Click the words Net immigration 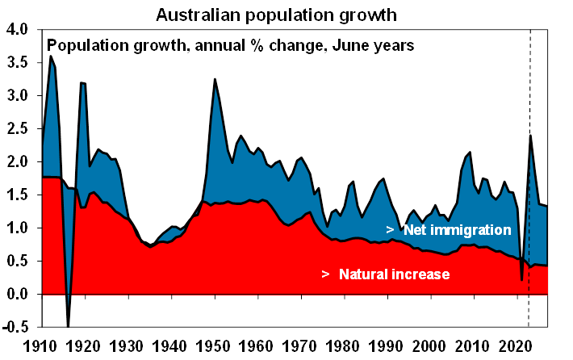pos(457,230)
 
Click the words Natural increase pos(394,274)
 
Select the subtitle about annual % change pos(233,45)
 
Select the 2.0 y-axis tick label pos(17,161)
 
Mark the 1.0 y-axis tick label pos(17,228)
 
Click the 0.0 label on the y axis pos(17,295)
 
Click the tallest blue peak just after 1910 pos(51,57)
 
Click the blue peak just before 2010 pos(471,153)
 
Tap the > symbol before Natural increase pos(325,274)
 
